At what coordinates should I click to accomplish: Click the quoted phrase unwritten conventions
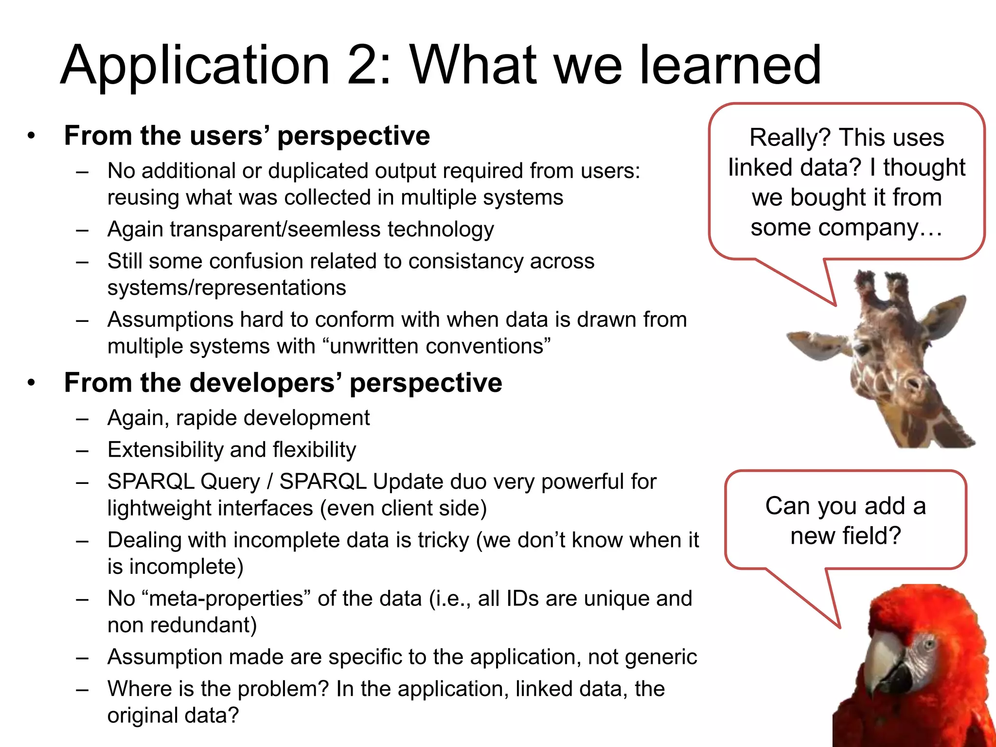pos(436,346)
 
